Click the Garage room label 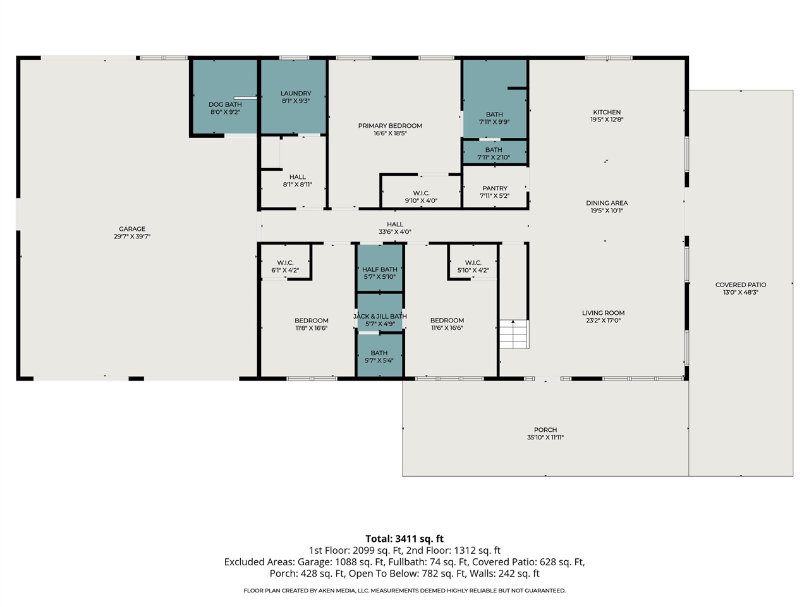[x=132, y=230]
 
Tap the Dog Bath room [x=225, y=108]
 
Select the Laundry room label [x=296, y=94]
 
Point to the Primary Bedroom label [x=390, y=126]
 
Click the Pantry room [x=495, y=192]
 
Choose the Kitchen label [x=607, y=113]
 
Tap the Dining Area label [x=607, y=204]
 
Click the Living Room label [x=603, y=313]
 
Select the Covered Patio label [x=741, y=285]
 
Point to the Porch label [x=545, y=430]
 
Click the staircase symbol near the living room [x=513, y=334]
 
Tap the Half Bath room [x=380, y=273]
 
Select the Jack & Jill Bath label [x=380, y=316]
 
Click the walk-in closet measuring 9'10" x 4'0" [x=421, y=197]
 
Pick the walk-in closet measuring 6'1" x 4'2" [x=285, y=266]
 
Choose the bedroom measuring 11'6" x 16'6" [x=447, y=324]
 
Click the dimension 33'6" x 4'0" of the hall [x=395, y=232]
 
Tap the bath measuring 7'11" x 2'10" [x=494, y=154]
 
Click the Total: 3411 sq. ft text [x=404, y=539]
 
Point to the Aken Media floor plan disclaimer [x=404, y=591]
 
